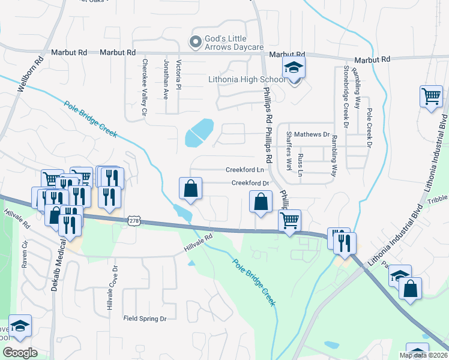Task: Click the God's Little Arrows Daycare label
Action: [234, 43]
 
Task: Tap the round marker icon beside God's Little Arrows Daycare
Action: [194, 42]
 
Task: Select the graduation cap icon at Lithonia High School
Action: [294, 67]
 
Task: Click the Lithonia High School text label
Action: [247, 79]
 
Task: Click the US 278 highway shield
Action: [133, 221]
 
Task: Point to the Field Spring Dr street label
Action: [145, 318]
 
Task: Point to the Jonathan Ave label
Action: [166, 79]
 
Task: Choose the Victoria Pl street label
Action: [179, 74]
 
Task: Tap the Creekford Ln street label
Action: [245, 170]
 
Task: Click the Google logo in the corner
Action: [20, 353]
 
